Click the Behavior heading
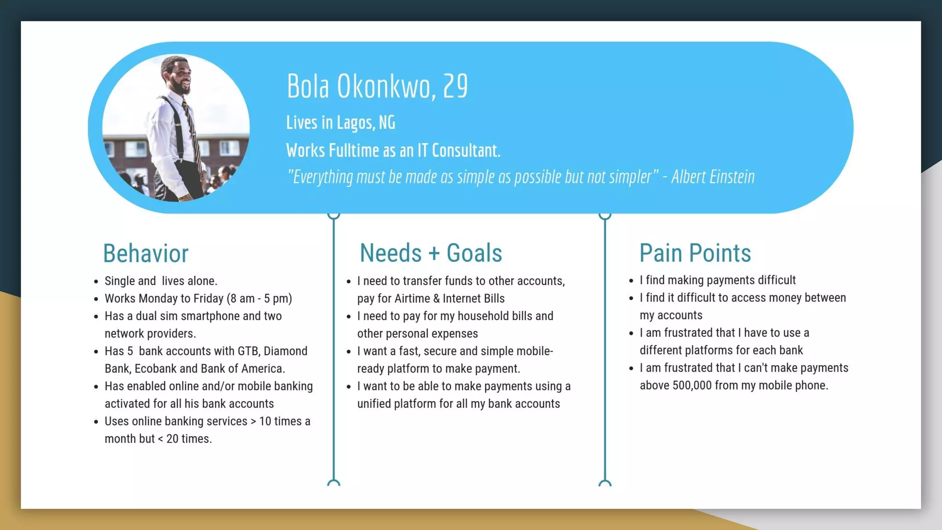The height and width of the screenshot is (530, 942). point(145,253)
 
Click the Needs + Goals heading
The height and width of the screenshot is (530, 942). point(431,253)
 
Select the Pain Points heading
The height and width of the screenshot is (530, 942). point(695,253)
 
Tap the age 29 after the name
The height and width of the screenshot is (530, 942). point(455,86)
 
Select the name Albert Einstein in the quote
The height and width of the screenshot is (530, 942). point(712,177)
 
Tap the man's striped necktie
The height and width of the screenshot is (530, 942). point(190,129)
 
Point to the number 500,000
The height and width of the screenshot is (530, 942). point(692,386)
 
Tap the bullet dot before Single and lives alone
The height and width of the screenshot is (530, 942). point(96,282)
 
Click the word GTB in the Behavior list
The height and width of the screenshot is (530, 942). point(249,351)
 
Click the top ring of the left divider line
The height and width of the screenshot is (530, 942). point(334,215)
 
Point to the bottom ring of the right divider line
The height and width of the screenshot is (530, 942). point(605,483)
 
